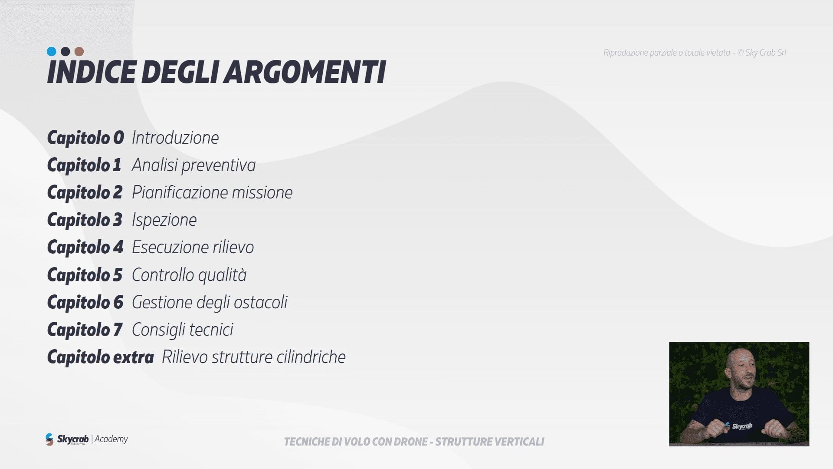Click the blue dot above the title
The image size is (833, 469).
(x=51, y=52)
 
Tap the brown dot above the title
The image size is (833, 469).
(x=79, y=52)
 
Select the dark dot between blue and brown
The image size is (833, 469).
(x=65, y=52)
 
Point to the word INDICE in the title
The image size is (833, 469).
(x=91, y=72)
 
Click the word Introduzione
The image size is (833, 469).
(x=175, y=138)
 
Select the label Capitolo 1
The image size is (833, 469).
(x=84, y=165)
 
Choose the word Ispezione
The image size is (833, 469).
(x=164, y=220)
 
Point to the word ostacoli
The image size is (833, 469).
(x=262, y=302)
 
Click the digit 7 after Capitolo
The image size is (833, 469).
(x=118, y=330)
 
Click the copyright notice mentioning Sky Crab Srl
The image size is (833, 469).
(x=695, y=53)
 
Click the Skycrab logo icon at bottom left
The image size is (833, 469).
(x=49, y=439)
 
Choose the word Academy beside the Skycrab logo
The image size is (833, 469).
(x=111, y=439)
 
